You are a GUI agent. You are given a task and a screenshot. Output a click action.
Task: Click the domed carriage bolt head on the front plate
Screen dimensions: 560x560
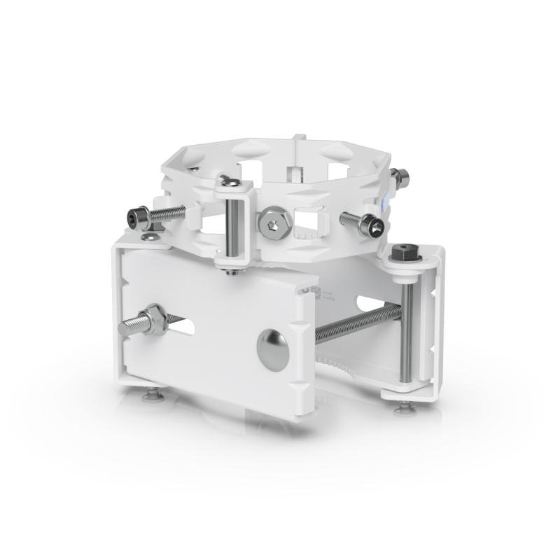pos(272,349)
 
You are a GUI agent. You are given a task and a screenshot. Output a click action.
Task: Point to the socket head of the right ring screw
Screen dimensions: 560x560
pos(372,225)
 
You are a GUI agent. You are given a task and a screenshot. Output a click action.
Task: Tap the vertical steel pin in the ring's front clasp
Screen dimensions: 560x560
pos(231,227)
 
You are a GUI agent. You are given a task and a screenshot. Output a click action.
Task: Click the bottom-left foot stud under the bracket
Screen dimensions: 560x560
pos(153,397)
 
